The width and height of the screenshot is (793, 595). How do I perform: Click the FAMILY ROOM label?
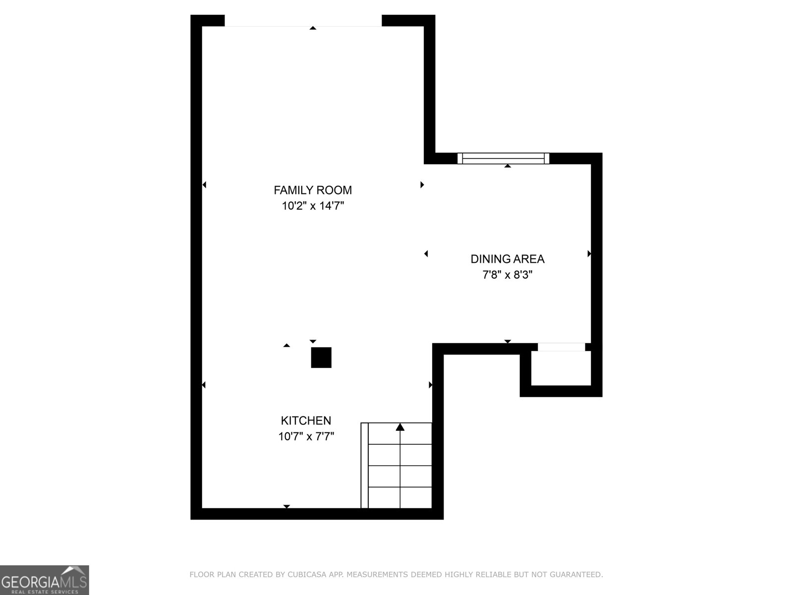coord(313,190)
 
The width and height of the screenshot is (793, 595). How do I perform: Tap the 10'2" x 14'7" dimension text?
coord(313,206)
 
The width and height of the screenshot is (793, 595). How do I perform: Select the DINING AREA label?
coord(507,259)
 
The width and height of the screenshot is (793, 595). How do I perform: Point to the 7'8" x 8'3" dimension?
coord(507,275)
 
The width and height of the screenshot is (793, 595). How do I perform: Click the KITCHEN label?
coord(306,420)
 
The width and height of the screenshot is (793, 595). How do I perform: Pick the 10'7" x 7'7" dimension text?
coord(306,436)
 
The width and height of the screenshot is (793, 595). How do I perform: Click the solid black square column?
coord(321,357)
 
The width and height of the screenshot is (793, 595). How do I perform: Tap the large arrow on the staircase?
coord(400,427)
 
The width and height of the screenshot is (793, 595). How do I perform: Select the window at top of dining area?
coord(503,158)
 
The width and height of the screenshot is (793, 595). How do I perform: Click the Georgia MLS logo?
coord(44,580)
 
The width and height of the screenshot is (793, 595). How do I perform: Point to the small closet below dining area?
coord(561,368)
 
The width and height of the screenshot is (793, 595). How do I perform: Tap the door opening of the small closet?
coord(561,347)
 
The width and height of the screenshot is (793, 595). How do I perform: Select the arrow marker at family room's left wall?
coord(204,185)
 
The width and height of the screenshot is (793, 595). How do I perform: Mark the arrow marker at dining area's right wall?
coord(589,254)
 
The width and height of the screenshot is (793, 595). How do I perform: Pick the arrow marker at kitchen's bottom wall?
coord(286,506)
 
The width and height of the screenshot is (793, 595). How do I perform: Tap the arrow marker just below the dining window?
coord(508,166)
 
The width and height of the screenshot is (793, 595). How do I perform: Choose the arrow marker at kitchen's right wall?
coord(430,385)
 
